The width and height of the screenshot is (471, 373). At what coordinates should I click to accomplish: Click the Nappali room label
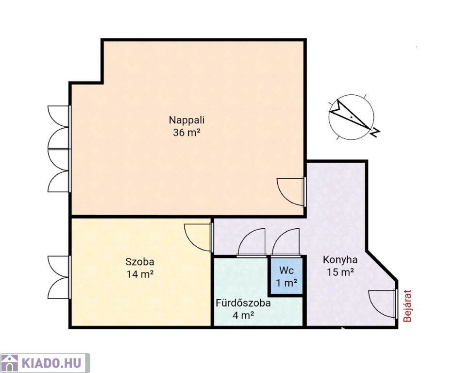(186, 120)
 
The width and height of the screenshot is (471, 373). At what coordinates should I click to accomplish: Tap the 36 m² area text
(186, 133)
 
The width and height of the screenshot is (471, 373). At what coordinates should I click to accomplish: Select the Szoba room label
(140, 262)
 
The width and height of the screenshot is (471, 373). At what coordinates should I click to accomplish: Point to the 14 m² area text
(140, 274)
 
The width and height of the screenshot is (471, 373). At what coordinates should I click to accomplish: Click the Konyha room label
(340, 260)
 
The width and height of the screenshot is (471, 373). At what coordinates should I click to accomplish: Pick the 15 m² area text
(340, 272)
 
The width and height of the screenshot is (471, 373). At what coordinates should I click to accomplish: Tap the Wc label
(286, 270)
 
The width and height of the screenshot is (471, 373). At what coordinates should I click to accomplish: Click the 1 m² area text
(286, 283)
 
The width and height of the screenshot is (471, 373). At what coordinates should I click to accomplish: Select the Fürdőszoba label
(243, 303)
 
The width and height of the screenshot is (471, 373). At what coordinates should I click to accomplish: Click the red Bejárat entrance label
(407, 305)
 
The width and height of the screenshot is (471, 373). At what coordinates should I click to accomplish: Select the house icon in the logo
(10, 363)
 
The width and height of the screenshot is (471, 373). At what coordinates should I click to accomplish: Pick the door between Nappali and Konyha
(291, 192)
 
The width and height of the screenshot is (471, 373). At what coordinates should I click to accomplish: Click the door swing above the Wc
(286, 242)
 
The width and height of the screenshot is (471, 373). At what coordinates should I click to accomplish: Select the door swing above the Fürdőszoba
(252, 242)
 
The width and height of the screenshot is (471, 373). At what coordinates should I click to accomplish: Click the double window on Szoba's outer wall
(59, 277)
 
